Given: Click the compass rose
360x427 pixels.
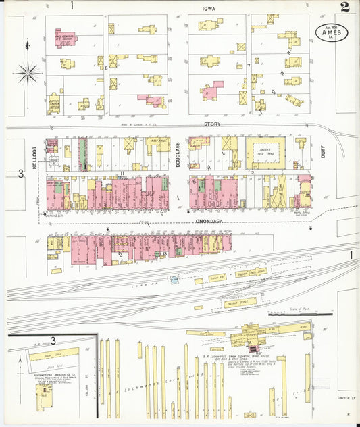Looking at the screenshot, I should tap(28, 72).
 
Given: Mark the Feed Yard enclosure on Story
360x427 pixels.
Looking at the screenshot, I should tap(265, 152).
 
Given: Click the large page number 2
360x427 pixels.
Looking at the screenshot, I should tap(344, 8).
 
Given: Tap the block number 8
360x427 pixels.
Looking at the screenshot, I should tap(106, 68).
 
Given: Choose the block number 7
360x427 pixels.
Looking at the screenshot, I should tap(249, 66).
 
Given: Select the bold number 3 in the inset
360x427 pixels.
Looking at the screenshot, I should tap(53, 341).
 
